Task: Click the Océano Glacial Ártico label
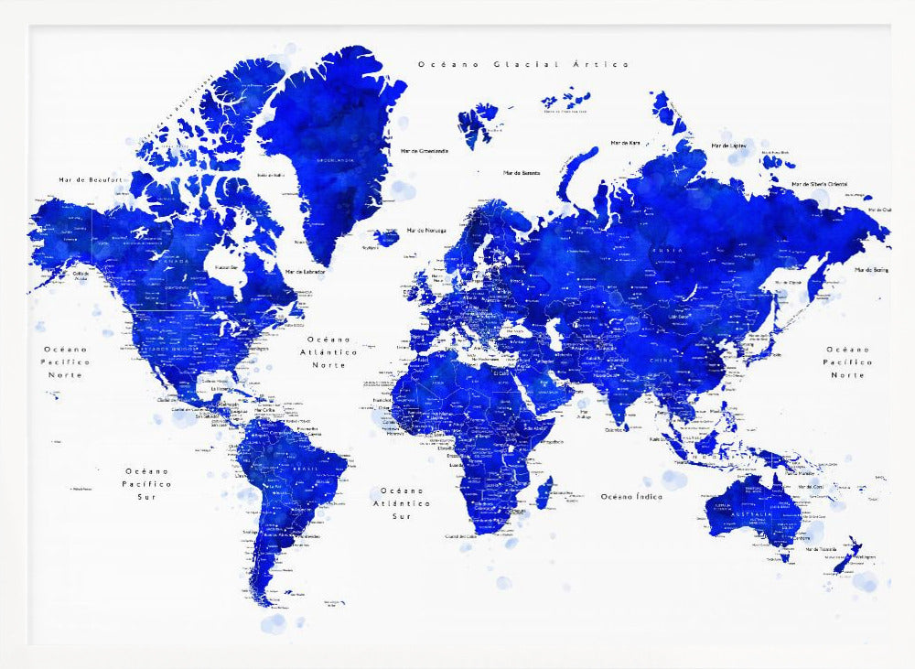point(523,64)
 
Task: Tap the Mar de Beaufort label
point(89,180)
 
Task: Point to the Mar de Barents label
point(522,172)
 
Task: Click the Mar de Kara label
point(626,143)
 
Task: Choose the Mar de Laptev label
point(730,146)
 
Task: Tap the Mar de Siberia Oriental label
point(819,185)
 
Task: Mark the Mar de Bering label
point(873,270)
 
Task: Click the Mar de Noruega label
point(426,230)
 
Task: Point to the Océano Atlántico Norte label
point(329,351)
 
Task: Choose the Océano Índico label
point(631,496)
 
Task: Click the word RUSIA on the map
point(665,249)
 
